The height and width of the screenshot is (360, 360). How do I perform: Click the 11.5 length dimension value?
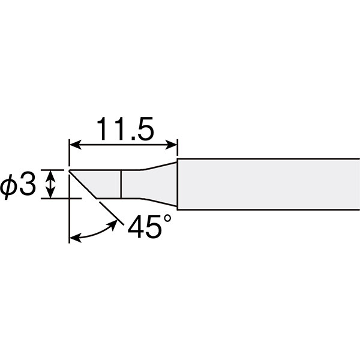125,129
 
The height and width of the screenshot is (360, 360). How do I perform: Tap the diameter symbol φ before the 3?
8,187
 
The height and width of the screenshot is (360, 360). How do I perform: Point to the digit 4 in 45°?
136,227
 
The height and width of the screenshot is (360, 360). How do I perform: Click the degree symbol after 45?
167,219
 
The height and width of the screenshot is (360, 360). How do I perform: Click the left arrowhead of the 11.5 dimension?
76,145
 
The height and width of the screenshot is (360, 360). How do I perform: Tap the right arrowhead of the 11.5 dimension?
171,145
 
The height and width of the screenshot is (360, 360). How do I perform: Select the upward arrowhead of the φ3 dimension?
50,176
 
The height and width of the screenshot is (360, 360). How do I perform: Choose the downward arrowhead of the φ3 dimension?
50,193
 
